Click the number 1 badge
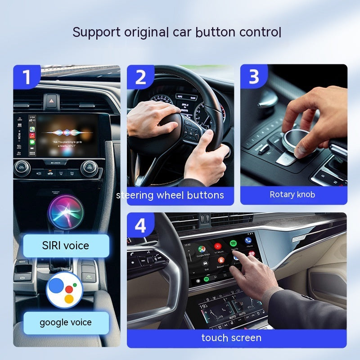(x=27, y=77)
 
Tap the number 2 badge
(x=140, y=77)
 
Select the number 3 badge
(x=254, y=77)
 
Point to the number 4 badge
(x=140, y=225)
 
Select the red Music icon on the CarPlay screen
(x=32, y=135)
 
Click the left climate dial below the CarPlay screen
(x=22, y=168)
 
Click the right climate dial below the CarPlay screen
(x=89, y=168)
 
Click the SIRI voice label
(x=67, y=246)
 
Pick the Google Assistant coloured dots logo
(x=64, y=290)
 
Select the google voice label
(x=66, y=322)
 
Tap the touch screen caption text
(x=231, y=338)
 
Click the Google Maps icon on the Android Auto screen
(x=202, y=249)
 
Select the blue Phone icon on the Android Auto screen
(x=248, y=241)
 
